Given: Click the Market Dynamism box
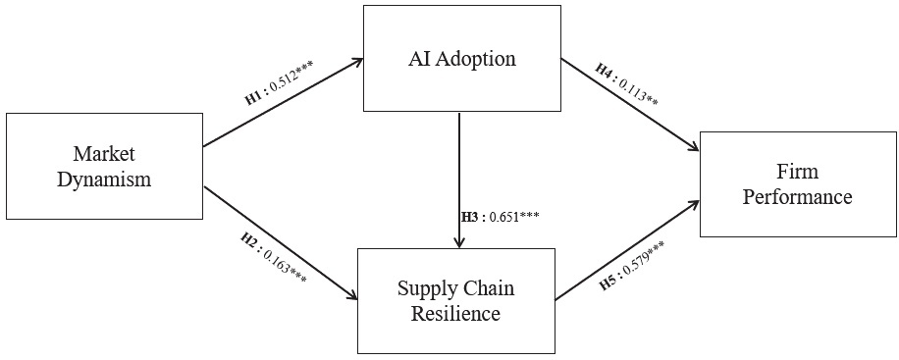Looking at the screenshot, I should pos(103,167).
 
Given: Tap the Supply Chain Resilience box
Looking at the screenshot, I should pos(455,300).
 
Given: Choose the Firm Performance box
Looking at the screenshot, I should pos(797,183).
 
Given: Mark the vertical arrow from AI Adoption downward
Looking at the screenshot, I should pos(459,181).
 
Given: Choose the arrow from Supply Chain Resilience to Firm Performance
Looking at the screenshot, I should pos(628,250).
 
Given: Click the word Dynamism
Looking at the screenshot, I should pos(103,180).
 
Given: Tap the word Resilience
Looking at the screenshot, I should pos(455,314).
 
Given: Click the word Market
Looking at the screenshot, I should pos(103,154).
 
